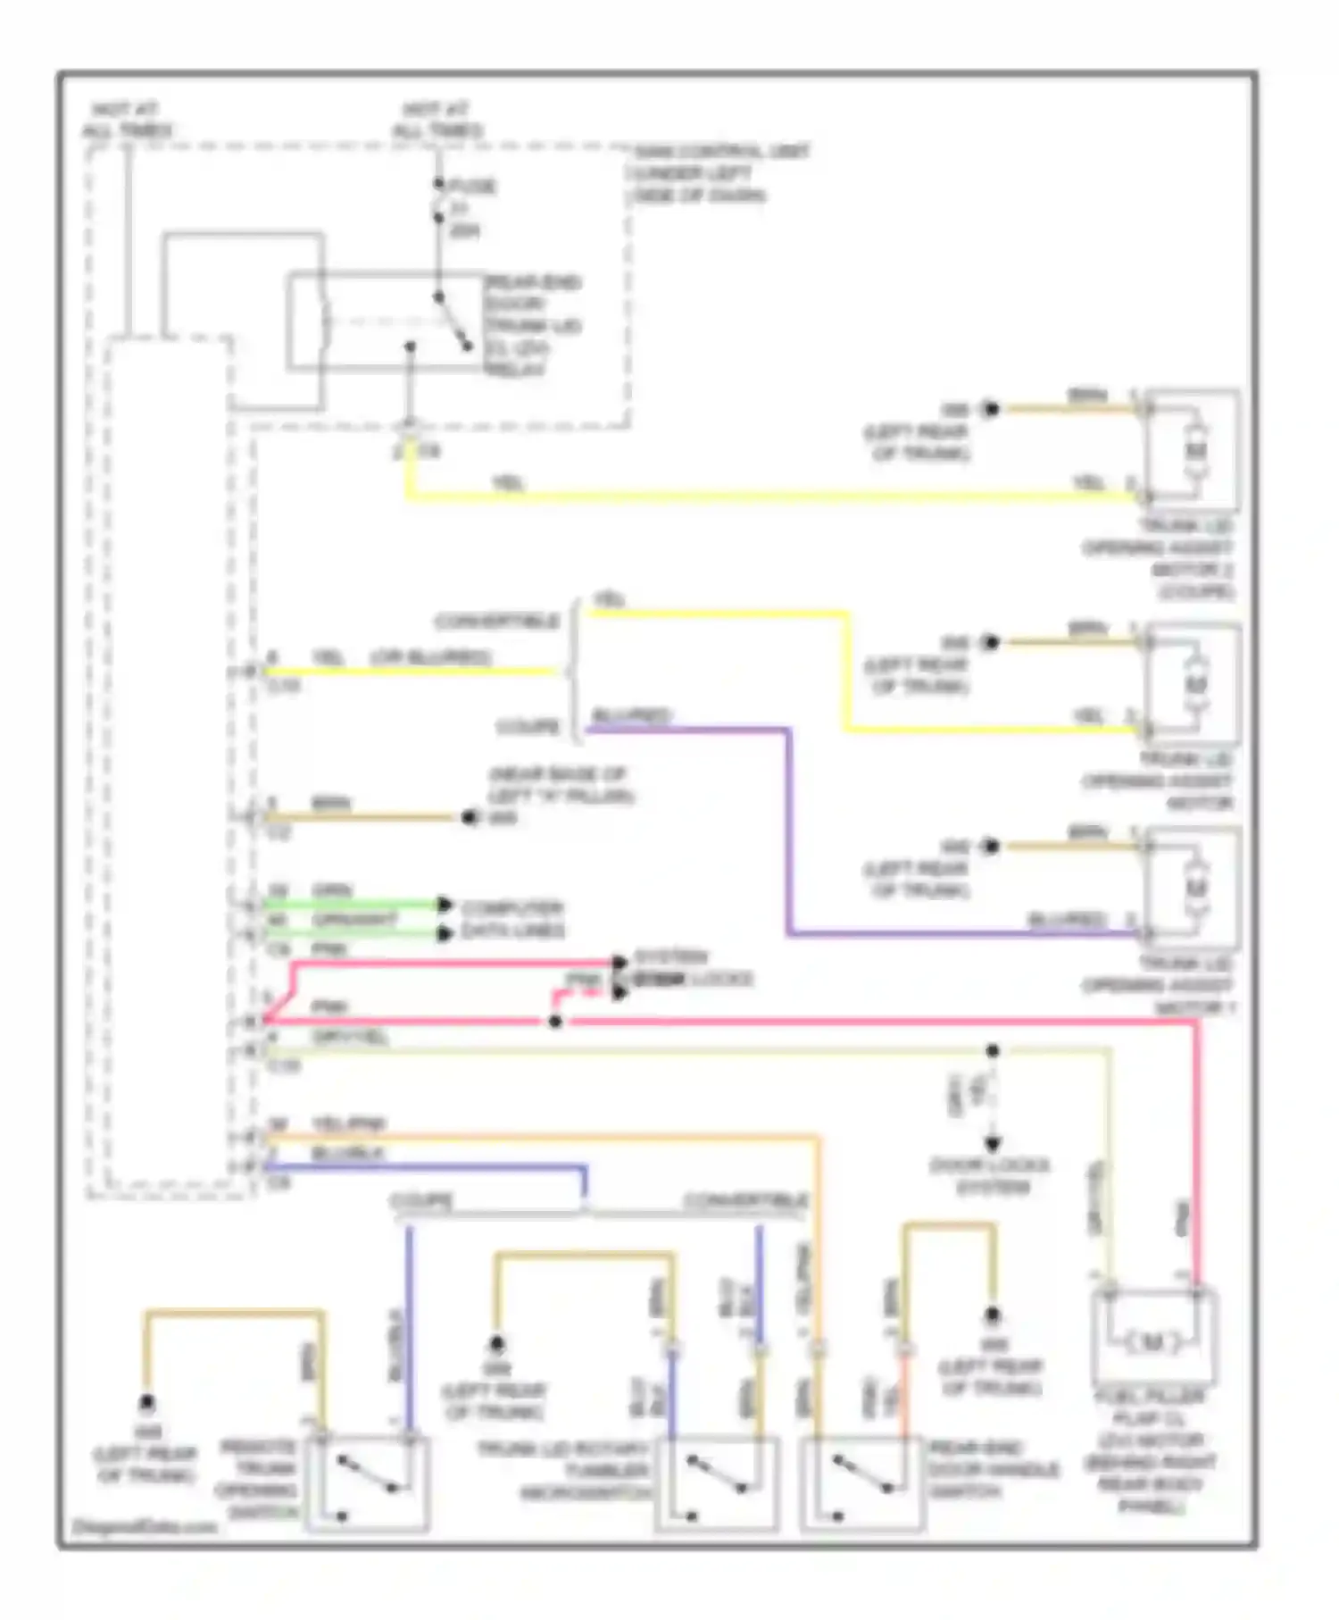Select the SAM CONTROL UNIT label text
(x=721, y=152)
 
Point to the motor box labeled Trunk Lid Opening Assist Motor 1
(x=1193, y=888)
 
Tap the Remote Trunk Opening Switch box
(x=367, y=1483)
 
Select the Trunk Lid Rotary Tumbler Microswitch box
(x=717, y=1483)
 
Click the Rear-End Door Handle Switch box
(x=862, y=1483)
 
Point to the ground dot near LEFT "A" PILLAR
(x=469, y=817)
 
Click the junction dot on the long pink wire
(x=555, y=1021)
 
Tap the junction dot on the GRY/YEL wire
(x=992, y=1051)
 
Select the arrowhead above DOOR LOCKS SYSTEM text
(x=992, y=1144)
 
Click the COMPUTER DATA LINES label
(x=512, y=919)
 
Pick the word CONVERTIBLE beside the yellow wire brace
(x=496, y=621)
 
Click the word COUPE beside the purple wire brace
(x=528, y=727)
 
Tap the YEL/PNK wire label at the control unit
(x=348, y=1123)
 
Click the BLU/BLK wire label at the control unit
(x=347, y=1154)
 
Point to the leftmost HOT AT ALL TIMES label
(x=127, y=120)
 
